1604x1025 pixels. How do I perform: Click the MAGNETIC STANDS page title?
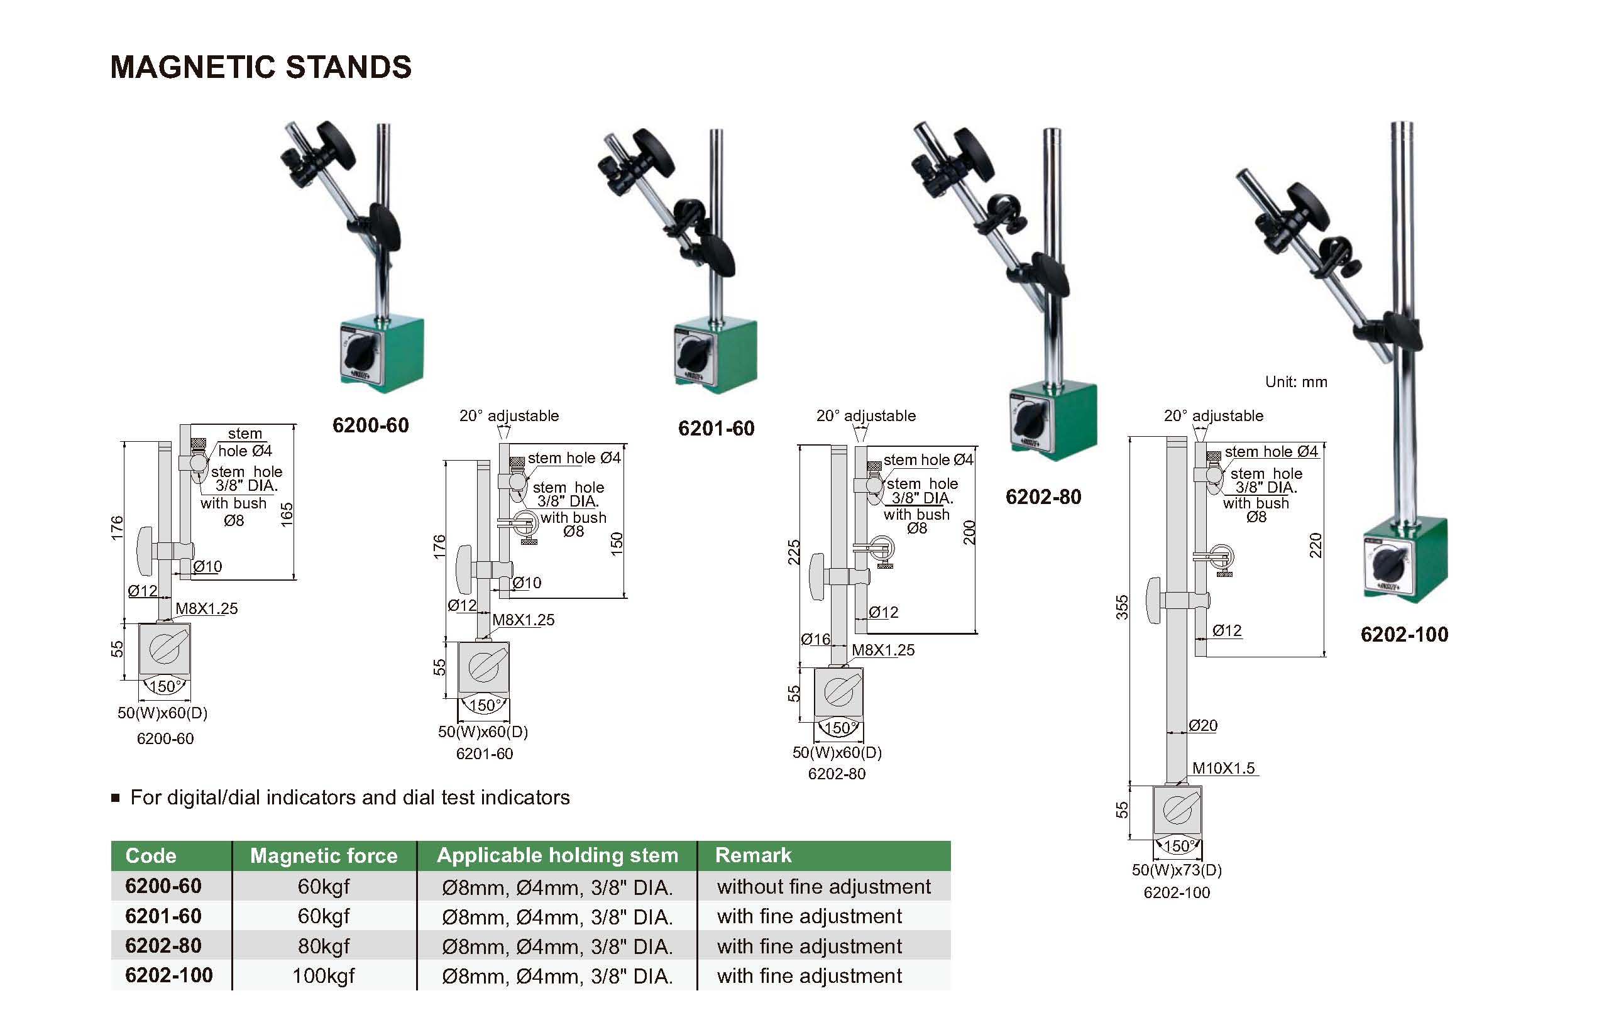[260, 67]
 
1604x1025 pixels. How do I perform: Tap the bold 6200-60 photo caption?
[370, 425]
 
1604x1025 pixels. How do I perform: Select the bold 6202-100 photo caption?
[1404, 634]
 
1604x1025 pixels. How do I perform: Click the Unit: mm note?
[1295, 381]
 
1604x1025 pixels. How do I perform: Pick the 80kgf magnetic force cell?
[324, 946]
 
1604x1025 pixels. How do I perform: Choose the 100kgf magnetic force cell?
[324, 976]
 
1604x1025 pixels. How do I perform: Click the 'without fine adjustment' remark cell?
[823, 887]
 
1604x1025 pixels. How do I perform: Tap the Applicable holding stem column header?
[557, 855]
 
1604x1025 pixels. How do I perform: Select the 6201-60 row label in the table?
[163, 916]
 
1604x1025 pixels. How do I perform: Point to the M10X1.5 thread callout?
[1223, 768]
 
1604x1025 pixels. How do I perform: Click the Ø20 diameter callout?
[1203, 725]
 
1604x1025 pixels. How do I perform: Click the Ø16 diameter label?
[815, 639]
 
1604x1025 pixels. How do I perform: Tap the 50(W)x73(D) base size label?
[1177, 870]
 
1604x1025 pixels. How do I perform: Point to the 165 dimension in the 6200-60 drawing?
[287, 514]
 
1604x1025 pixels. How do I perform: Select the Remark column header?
[754, 855]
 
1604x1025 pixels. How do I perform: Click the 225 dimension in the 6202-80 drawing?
[793, 552]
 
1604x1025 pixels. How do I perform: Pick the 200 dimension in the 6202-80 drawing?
[969, 533]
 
